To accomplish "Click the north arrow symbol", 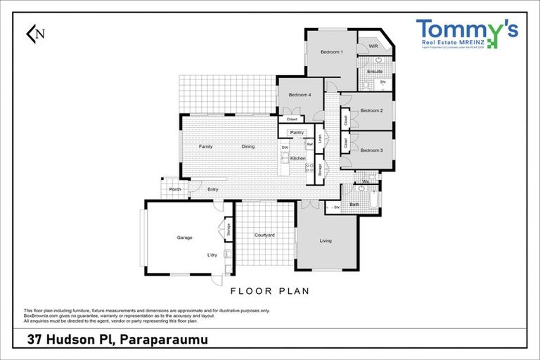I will [34, 33].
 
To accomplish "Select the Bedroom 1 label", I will [331, 53].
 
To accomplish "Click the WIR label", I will [373, 46].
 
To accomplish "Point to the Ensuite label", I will [375, 71].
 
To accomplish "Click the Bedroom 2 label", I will [371, 110].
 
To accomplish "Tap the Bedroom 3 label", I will [371, 150].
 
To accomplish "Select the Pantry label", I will [297, 132].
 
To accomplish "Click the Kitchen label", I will [298, 158].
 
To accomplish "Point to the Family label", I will [205, 146].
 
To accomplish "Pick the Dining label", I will [248, 146].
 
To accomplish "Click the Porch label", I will [175, 189].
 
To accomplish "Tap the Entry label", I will [212, 189].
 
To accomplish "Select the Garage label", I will [184, 238].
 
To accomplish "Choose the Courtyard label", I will [264, 235].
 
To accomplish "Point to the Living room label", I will [326, 241].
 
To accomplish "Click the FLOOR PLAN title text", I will [270, 290].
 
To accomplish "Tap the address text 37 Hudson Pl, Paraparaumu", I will [117, 340].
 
